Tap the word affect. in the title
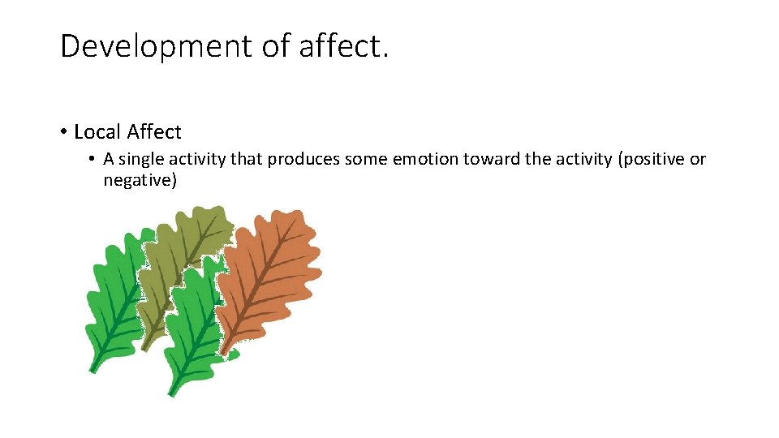coord(344,47)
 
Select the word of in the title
coord(276,47)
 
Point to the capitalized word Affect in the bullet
coord(154,131)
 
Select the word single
coord(142,159)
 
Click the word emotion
coord(425,159)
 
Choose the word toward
coord(492,159)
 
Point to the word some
coord(365,159)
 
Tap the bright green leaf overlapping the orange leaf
coord(191,324)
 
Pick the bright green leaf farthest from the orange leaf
coord(114,300)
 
